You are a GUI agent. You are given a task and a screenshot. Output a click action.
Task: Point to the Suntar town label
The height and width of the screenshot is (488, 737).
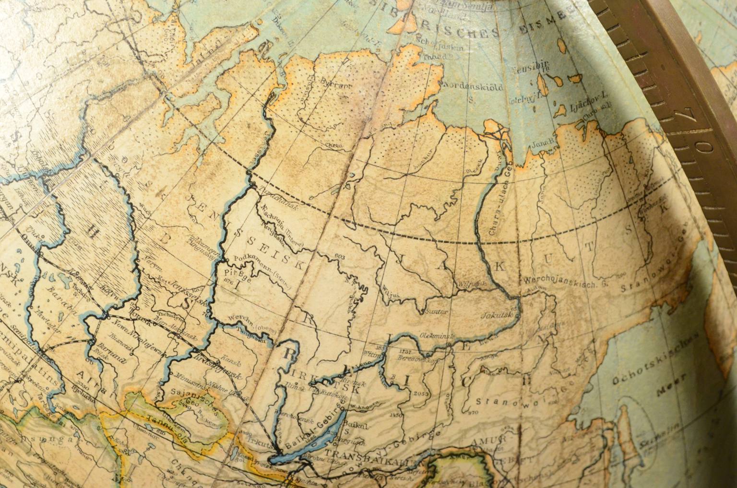(x=436, y=311)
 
